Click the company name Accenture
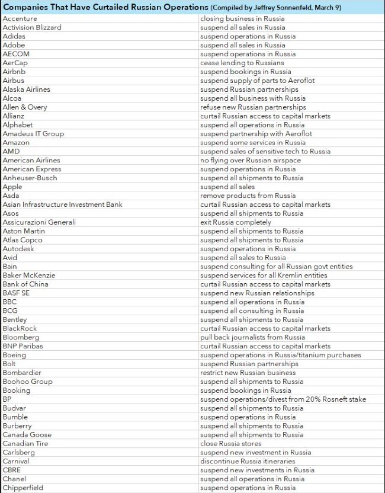(x=20, y=18)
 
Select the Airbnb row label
(x=14, y=72)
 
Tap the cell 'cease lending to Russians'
(x=242, y=63)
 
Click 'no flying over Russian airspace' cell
(x=250, y=160)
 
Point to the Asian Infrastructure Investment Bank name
(x=62, y=204)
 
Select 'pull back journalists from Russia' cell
(x=252, y=337)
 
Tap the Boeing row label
(x=14, y=355)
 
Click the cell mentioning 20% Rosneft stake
(x=283, y=399)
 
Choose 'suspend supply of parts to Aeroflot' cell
(x=257, y=81)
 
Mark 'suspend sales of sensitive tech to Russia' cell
(x=265, y=151)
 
